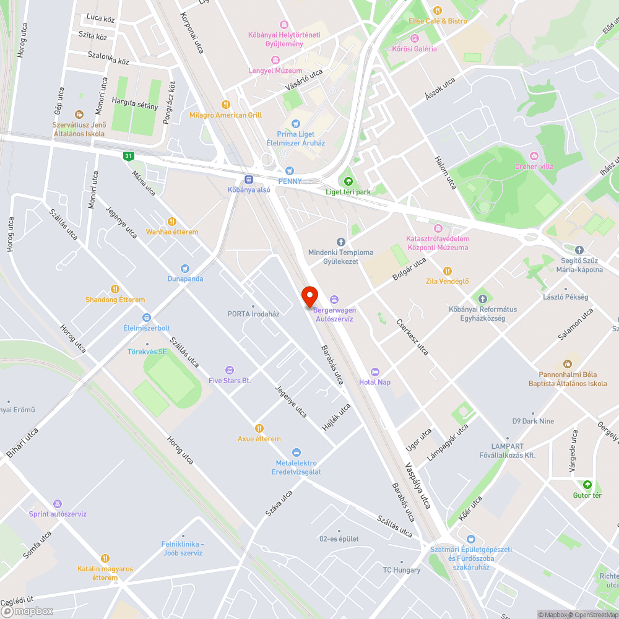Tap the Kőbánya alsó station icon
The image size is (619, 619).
(x=249, y=180)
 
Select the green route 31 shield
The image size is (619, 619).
(x=128, y=156)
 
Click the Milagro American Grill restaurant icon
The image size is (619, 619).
(x=226, y=105)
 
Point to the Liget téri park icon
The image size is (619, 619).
(x=348, y=181)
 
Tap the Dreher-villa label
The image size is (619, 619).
(x=534, y=167)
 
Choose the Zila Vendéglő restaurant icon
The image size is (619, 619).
(x=447, y=271)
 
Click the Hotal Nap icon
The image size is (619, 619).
(x=375, y=371)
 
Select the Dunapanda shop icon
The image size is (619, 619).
(x=185, y=269)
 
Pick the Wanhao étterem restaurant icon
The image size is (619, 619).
(x=172, y=222)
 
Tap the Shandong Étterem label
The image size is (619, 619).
(x=115, y=300)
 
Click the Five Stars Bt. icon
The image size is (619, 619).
(x=230, y=370)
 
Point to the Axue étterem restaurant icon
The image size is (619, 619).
(x=259, y=428)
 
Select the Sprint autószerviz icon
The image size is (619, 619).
(x=58, y=504)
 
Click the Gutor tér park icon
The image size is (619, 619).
(x=587, y=485)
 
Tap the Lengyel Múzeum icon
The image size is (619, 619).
(x=275, y=61)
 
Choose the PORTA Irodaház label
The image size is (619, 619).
(x=253, y=314)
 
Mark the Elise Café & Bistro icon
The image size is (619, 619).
(x=438, y=10)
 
